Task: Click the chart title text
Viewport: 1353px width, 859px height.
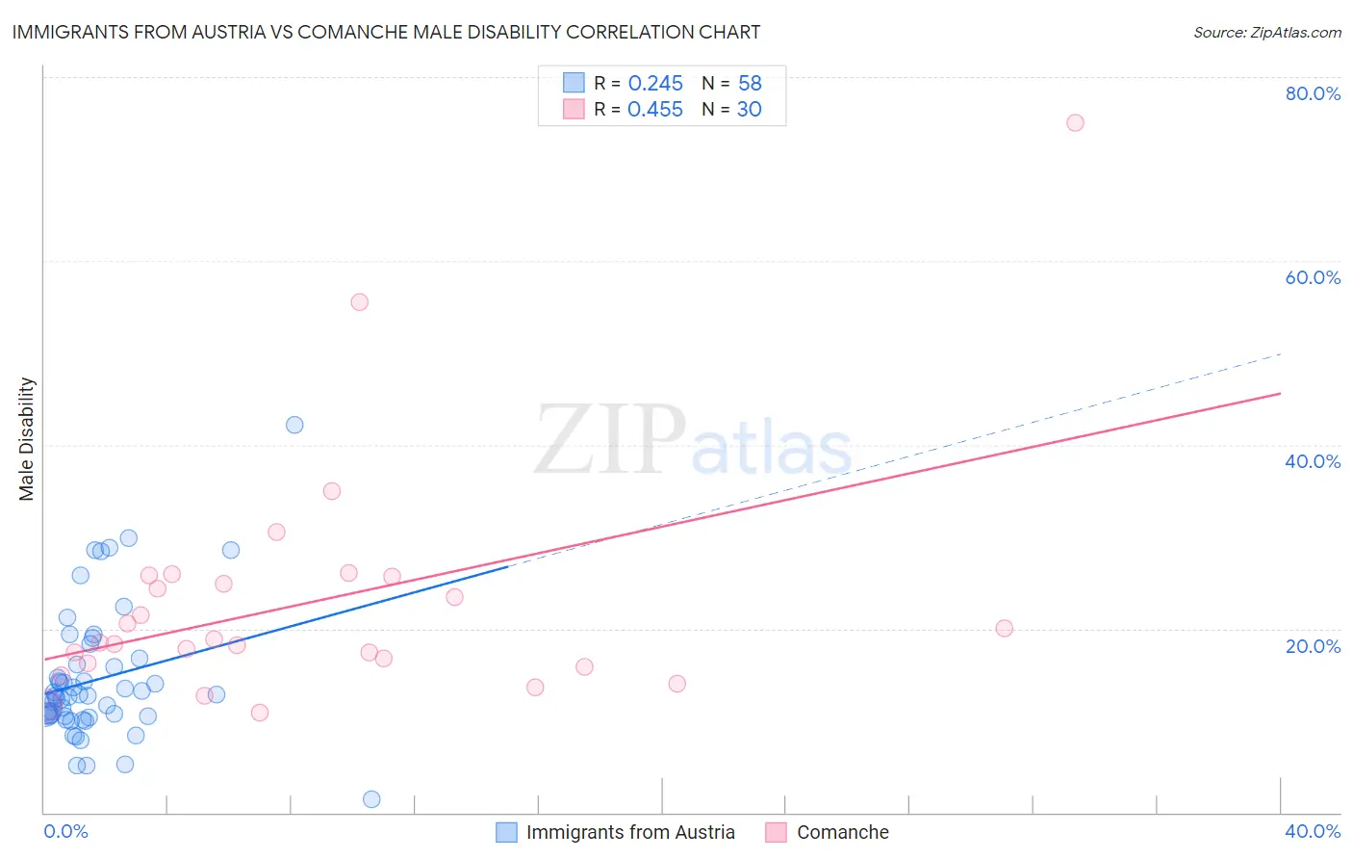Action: tap(386, 32)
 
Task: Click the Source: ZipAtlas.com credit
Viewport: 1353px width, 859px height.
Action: tap(1266, 32)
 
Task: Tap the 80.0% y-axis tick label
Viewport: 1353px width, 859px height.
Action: tap(1313, 93)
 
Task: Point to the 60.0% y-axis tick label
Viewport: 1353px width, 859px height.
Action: tap(1313, 277)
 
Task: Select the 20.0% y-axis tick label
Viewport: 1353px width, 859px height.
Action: tap(1313, 646)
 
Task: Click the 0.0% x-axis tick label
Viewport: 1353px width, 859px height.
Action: tap(65, 831)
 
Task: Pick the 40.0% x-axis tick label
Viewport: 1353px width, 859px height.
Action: tap(1313, 831)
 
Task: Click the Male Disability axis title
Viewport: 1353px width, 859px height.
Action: tap(27, 439)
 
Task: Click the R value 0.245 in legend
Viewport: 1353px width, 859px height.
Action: tap(655, 83)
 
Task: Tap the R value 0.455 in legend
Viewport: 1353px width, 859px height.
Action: tap(655, 110)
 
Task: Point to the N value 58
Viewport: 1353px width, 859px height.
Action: tap(750, 83)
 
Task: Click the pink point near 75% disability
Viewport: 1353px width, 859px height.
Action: tap(1075, 122)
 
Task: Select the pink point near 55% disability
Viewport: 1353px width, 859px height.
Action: tap(359, 301)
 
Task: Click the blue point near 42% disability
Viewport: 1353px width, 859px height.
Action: tap(294, 425)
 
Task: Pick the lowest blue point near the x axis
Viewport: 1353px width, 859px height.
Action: tap(371, 799)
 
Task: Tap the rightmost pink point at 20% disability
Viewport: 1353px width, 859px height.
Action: tap(1004, 628)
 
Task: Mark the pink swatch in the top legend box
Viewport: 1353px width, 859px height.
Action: tap(574, 109)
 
